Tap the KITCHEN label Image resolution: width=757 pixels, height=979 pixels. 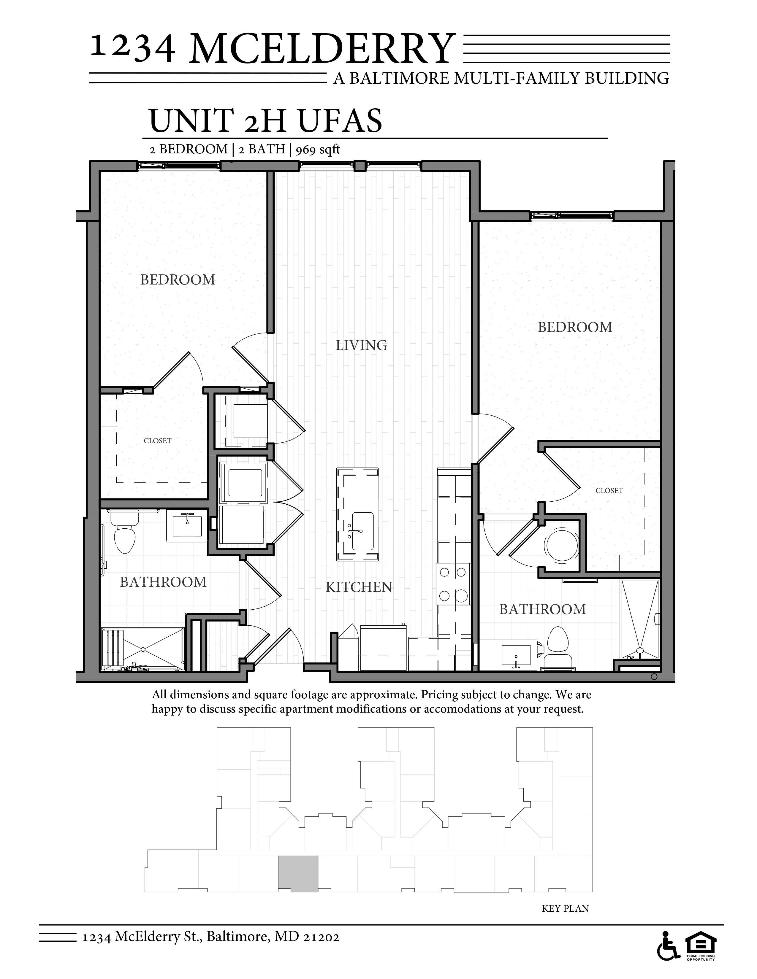[359, 587]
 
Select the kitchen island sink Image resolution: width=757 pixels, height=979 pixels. [362, 531]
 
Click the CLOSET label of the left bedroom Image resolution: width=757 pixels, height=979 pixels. [157, 441]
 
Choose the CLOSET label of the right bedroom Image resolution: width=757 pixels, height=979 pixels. [609, 490]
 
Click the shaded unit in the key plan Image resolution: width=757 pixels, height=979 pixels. [298, 873]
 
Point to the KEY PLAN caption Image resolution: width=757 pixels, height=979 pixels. [565, 908]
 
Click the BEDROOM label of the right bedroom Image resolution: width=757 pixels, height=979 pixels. [575, 327]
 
